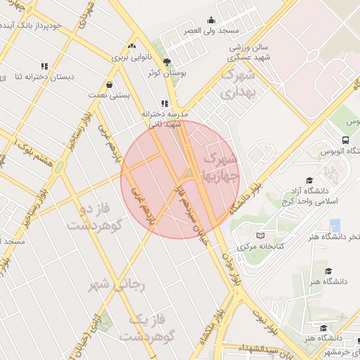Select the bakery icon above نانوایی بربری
click(131, 46)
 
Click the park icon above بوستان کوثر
click(167, 62)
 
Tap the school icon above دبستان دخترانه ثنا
click(44, 67)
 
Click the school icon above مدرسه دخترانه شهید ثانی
click(165, 103)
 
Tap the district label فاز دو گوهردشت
click(96, 218)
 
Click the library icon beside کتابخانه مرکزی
click(261, 235)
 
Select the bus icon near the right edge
click(345, 140)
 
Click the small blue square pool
click(335, 225)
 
